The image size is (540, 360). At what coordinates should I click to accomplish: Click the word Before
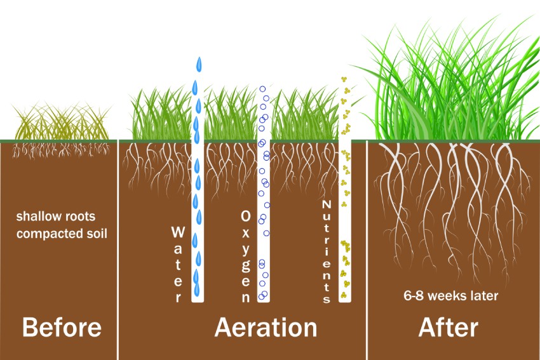point(62,327)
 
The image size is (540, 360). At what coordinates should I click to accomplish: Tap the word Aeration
point(266,327)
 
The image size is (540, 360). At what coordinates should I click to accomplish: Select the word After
point(449,327)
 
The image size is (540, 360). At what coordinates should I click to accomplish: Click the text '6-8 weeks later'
point(451,296)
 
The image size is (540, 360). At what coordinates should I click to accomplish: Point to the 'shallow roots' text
point(56,217)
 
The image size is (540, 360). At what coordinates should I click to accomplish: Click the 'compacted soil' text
point(62,234)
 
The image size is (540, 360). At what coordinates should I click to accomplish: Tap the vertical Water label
point(178,264)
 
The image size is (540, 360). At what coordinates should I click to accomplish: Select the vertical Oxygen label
point(246,256)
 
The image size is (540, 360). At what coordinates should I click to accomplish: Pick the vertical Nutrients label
point(327,251)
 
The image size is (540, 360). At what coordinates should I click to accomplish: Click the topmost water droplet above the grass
point(199,64)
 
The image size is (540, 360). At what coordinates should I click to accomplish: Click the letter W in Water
point(178,232)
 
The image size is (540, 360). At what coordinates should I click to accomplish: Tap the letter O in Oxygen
point(246,216)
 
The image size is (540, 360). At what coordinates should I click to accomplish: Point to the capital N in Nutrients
point(327,204)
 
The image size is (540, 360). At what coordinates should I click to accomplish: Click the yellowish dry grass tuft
point(61,121)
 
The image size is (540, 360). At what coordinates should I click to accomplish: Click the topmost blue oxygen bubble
point(262,89)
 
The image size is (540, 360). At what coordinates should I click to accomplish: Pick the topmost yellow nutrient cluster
point(344,79)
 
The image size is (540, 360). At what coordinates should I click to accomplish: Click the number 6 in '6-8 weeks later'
point(407,296)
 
